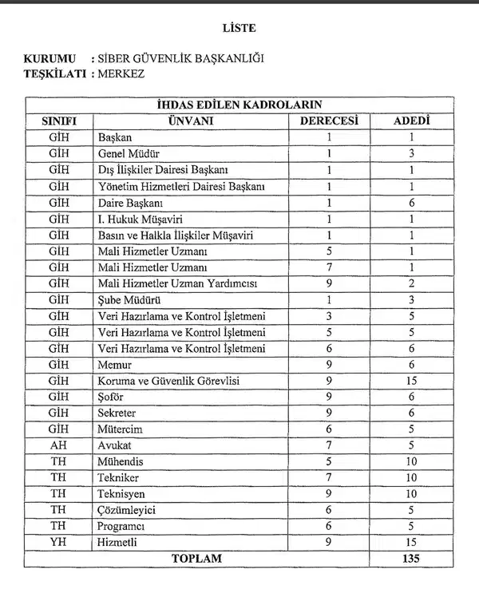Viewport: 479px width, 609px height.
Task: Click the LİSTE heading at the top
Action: pos(239,28)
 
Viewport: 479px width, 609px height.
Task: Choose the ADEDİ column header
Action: pos(413,121)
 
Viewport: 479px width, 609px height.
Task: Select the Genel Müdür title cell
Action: pos(129,153)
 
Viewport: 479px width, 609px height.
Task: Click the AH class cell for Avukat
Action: pos(57,445)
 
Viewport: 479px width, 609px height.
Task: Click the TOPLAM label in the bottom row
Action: pos(196,559)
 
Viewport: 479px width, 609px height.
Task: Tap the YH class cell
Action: pos(57,543)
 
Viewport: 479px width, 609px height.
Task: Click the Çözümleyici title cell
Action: pos(125,510)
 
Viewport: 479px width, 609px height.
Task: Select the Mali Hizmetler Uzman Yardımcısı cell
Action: pos(177,283)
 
